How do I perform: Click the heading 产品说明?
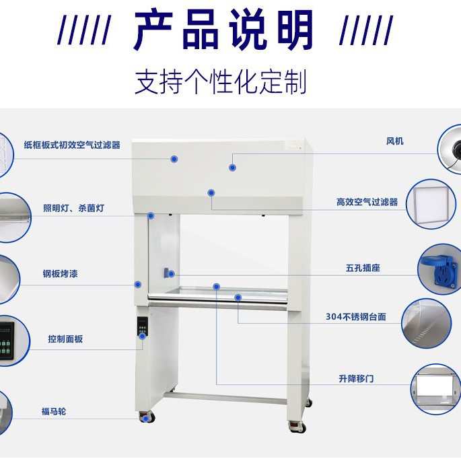tap(223, 30)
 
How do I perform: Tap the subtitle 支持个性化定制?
tap(221, 81)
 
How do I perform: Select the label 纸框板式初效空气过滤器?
tap(72, 145)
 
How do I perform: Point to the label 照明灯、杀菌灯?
tap(73, 208)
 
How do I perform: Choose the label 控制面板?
tap(65, 339)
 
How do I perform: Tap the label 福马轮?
tap(54, 411)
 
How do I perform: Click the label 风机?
tap(395, 141)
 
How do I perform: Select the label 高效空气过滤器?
tap(367, 202)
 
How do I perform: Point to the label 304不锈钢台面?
tap(355, 316)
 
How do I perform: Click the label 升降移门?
tap(356, 379)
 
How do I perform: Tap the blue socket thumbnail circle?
tap(438, 267)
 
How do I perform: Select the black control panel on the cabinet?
tap(142, 330)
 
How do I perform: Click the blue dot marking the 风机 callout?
tap(232, 167)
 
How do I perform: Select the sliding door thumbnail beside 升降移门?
tap(437, 388)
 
